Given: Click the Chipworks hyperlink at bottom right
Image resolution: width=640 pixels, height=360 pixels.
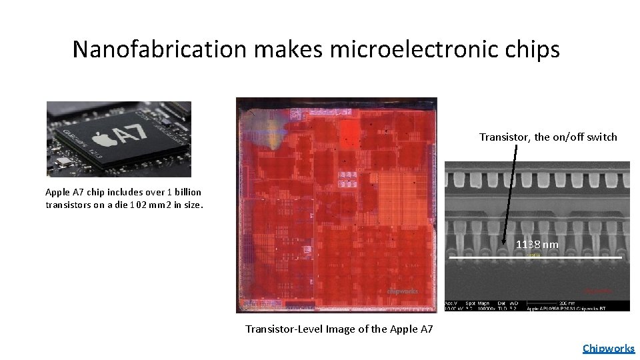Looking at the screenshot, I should (x=608, y=348).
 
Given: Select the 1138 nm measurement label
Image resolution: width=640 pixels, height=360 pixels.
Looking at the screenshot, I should (x=537, y=245).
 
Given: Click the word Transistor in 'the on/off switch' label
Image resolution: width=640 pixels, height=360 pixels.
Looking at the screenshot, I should (x=502, y=137).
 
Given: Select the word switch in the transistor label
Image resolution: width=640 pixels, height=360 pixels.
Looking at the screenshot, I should (x=602, y=137).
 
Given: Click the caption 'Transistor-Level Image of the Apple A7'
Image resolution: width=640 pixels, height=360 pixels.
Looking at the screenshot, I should (x=339, y=329).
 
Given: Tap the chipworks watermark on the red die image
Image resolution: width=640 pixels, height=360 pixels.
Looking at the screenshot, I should (x=403, y=291).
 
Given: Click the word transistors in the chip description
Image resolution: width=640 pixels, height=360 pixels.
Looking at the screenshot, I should (x=69, y=205).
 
